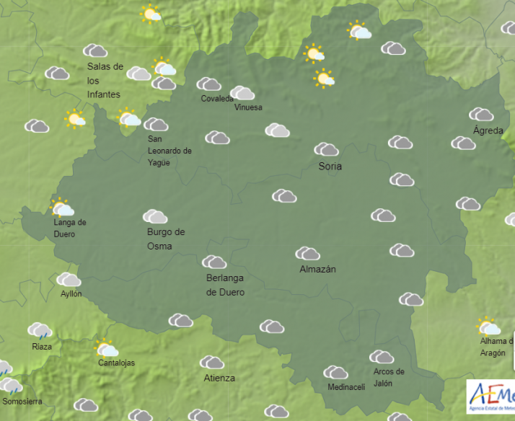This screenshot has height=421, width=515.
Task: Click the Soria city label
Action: pos(330,167)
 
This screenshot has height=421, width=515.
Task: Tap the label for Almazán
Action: pos(317,270)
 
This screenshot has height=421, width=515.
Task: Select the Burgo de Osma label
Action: pos(166,239)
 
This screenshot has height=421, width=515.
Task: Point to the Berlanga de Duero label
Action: pos(225,285)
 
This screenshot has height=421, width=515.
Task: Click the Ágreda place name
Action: pos(488,130)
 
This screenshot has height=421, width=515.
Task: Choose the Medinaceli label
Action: pos(346,387)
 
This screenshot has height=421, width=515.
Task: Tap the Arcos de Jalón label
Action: pos(389,377)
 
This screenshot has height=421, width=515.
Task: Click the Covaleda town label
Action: pos(217,99)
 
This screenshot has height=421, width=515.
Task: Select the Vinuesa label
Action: pos(248,107)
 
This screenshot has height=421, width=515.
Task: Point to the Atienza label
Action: pos(219,378)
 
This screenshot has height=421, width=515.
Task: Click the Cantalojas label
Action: pos(116,363)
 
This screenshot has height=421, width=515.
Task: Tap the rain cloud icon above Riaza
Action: pos(40,331)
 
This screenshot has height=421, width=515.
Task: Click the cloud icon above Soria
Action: pos(327,149)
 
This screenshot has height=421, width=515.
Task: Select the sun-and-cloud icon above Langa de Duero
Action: pos(62,208)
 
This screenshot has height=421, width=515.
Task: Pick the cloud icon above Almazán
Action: pos(308,253)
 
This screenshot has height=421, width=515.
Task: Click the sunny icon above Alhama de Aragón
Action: pos(488,327)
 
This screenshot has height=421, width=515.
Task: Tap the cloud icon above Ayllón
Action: pos(69,279)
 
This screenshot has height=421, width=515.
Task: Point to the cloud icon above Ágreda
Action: pos(481,114)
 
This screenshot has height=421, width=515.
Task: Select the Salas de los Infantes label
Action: pos(104,80)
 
